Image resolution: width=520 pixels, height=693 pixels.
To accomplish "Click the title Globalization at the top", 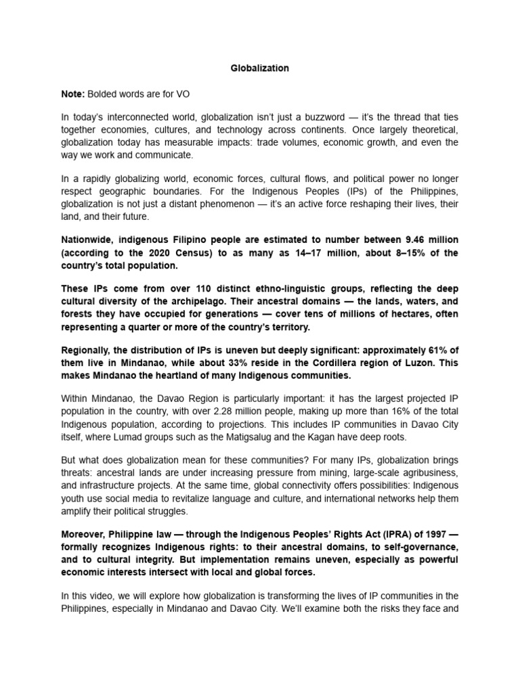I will coord(261,68).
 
